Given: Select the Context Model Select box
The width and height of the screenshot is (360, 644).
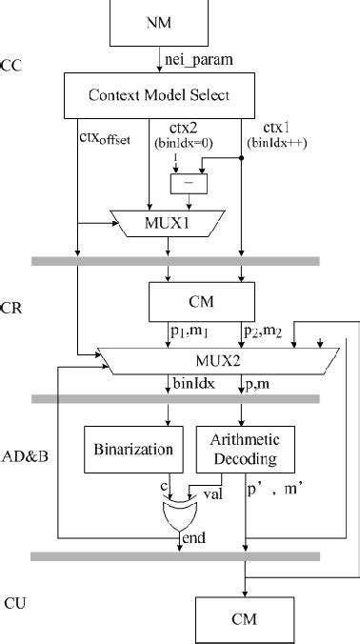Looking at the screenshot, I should coord(159,95).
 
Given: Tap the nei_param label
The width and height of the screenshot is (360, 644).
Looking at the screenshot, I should coord(200,60).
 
